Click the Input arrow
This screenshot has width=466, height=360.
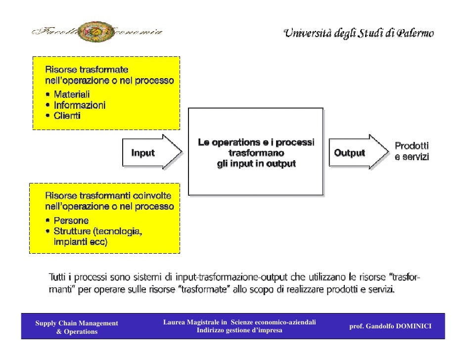151,153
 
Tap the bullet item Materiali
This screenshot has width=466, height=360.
71,94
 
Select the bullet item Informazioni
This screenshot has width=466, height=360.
79,105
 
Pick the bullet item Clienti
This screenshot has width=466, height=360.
67,116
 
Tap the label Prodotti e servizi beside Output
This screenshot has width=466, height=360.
411,152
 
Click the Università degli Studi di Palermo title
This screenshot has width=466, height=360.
359,34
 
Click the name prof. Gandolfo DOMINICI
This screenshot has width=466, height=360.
390,326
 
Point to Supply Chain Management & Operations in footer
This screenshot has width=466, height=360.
77,327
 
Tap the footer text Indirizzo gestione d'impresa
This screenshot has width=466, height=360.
239,330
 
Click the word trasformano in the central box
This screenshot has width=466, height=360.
256,153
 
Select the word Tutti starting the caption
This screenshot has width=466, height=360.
58,277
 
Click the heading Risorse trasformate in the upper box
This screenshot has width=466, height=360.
87,69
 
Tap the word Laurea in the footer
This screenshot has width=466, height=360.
174,322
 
